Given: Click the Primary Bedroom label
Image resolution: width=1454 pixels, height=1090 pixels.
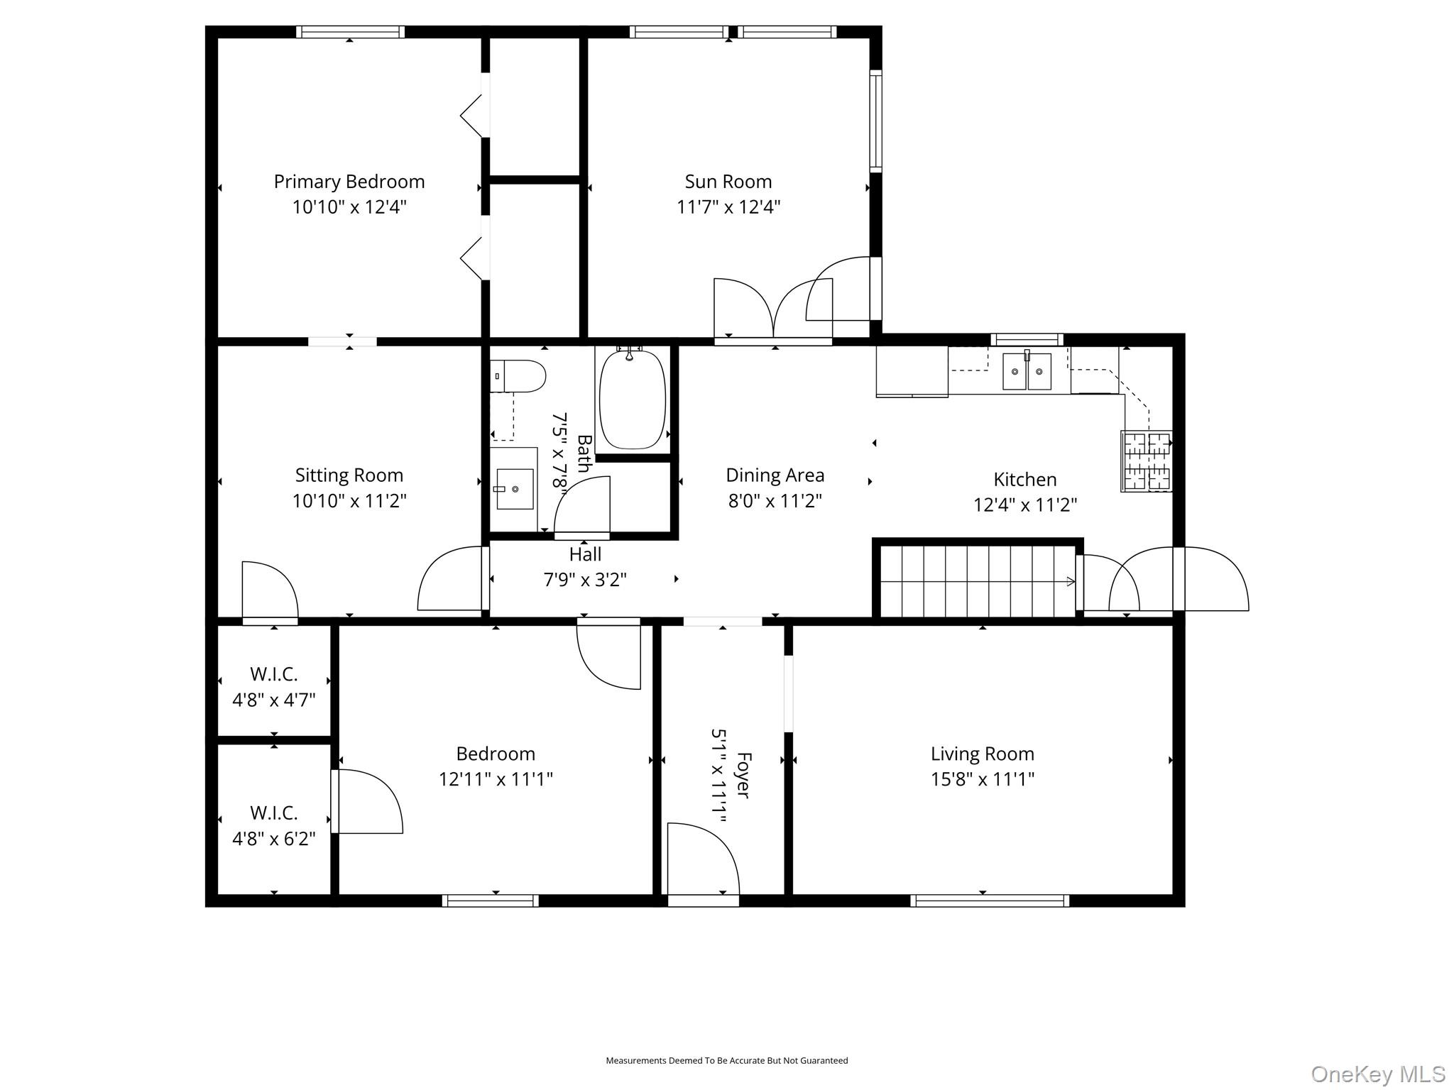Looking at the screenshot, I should pyautogui.click(x=349, y=182).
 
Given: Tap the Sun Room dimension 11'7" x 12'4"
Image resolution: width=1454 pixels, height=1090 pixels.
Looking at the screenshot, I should pyautogui.click(x=728, y=207).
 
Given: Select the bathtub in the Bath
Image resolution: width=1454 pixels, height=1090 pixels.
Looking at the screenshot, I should pyautogui.click(x=632, y=400).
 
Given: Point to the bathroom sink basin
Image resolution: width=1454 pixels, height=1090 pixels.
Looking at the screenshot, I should pyautogui.click(x=515, y=489).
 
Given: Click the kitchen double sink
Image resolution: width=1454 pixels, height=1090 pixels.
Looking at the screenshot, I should pyautogui.click(x=1027, y=372).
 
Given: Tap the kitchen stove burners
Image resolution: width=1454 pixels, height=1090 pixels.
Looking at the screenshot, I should pyautogui.click(x=1147, y=461).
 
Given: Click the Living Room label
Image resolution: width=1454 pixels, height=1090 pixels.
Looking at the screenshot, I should pyautogui.click(x=983, y=754).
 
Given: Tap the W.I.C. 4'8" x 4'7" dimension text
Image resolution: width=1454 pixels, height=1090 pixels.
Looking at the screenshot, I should pyautogui.click(x=274, y=700).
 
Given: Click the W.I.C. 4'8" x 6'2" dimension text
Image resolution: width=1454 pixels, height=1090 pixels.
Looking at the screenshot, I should pyautogui.click(x=274, y=839).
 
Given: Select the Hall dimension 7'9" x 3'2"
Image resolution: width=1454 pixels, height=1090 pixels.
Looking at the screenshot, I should pyautogui.click(x=585, y=580).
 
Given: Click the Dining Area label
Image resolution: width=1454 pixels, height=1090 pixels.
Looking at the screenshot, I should pyautogui.click(x=775, y=475).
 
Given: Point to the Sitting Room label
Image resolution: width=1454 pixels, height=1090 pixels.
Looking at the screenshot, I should pyautogui.click(x=349, y=475).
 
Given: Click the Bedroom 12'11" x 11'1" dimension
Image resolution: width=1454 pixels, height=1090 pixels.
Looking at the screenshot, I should pyautogui.click(x=496, y=779).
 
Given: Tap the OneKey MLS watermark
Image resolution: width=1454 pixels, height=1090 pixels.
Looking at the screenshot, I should pyautogui.click(x=1378, y=1074).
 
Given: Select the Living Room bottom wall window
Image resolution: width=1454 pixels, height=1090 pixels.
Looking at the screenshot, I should pyautogui.click(x=990, y=901).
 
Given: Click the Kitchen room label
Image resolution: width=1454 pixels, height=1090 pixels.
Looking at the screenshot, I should pyautogui.click(x=1025, y=480).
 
